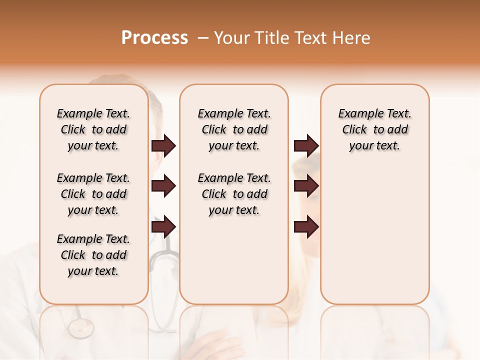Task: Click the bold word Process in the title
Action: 154,38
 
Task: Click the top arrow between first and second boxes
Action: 163,146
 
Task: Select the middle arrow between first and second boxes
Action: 163,186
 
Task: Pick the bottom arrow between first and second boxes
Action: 163,227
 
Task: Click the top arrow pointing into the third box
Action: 306,146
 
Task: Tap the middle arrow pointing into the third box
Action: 306,186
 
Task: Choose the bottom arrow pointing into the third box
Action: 306,227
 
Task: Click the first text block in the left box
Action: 93,129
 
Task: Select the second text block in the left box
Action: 93,194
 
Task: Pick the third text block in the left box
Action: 93,255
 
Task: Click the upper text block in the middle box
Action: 234,129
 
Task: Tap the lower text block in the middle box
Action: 234,194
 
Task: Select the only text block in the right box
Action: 374,129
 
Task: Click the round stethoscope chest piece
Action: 81,328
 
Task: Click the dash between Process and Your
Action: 203,38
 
